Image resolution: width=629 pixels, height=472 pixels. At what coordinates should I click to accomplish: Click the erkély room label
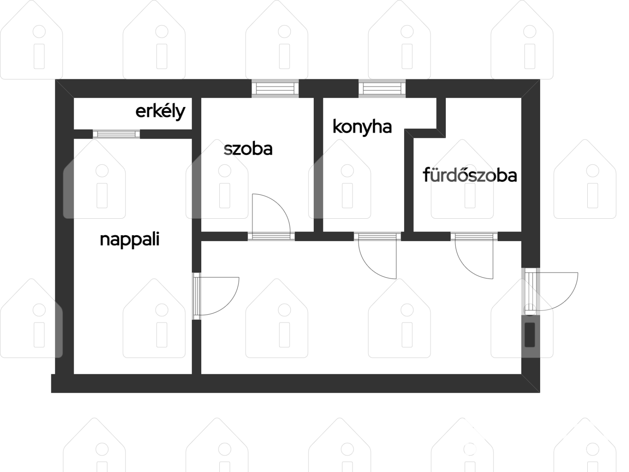click(160, 111)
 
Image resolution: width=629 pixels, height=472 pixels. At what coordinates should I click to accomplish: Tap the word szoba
click(248, 149)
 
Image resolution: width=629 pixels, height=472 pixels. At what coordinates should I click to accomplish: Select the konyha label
click(362, 127)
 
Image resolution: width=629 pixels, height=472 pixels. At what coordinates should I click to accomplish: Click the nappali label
click(129, 240)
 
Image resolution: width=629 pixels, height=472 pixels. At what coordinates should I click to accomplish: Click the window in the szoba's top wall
click(275, 89)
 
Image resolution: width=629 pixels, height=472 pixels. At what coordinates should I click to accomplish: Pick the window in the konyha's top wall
click(382, 89)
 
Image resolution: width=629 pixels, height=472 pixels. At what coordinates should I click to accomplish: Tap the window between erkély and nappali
click(117, 134)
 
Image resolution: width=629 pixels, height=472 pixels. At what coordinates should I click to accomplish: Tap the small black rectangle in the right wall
click(530, 334)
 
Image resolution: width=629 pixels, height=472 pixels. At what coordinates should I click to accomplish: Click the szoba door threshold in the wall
click(271, 236)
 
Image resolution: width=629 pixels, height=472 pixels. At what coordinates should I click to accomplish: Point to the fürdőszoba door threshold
click(474, 236)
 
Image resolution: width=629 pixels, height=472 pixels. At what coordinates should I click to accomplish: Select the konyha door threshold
click(378, 236)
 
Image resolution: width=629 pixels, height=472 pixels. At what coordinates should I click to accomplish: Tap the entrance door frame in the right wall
click(529, 291)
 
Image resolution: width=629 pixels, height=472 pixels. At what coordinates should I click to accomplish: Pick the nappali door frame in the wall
click(197, 296)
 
